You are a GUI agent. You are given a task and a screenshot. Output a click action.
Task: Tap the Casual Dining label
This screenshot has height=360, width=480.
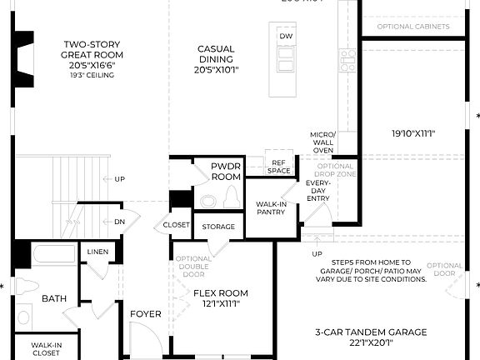(216, 55)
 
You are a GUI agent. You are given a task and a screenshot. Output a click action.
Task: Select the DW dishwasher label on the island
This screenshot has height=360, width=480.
(286, 37)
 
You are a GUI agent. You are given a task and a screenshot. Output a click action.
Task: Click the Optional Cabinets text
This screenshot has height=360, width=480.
(413, 27)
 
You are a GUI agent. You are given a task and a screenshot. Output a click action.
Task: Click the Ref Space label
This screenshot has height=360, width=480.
(279, 166)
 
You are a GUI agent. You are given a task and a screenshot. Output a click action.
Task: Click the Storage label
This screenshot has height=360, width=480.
(219, 227)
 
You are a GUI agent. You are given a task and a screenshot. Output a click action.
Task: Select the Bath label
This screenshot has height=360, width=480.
(54, 297)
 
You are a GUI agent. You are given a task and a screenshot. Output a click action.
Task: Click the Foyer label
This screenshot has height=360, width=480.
(145, 314)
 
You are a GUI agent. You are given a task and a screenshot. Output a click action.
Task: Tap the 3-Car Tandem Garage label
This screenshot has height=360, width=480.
(371, 337)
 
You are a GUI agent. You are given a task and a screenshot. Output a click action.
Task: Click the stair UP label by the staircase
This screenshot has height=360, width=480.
(120, 179)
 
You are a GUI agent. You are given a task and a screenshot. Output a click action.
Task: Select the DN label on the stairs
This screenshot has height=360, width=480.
(120, 222)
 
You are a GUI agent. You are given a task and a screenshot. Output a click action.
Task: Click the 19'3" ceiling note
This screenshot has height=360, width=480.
(92, 75)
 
